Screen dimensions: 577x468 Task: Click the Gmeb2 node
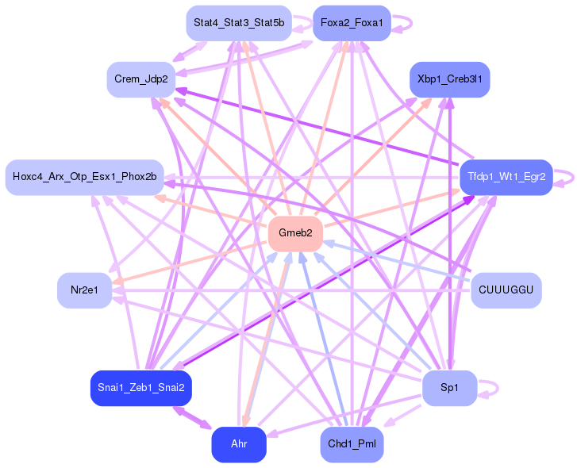(x=295, y=234)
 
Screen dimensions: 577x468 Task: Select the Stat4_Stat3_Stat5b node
(x=239, y=23)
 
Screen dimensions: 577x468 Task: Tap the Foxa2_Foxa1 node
(x=352, y=23)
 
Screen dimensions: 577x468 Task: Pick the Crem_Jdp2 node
(x=141, y=79)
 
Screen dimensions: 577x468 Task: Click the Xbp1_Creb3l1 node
(x=450, y=79)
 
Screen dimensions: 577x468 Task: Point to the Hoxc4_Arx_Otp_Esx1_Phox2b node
(x=85, y=177)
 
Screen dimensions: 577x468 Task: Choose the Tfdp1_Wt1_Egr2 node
(x=506, y=177)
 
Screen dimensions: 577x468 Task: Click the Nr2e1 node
(x=85, y=290)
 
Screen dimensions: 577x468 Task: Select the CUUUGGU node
(x=506, y=290)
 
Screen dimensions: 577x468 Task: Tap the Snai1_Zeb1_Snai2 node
(x=141, y=388)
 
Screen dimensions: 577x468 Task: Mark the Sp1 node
(x=450, y=388)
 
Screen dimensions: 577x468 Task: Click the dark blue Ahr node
(x=239, y=444)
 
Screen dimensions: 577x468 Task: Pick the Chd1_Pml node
(x=352, y=444)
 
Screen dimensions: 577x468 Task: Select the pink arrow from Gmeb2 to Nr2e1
(x=189, y=263)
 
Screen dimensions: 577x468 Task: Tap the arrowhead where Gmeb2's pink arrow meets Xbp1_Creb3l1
(x=429, y=102)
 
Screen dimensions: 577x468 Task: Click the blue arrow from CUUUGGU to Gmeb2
(x=397, y=262)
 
